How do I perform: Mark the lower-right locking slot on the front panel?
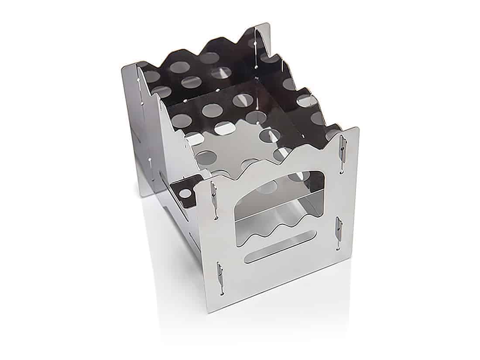[338, 230]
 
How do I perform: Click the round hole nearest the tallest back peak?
[252, 43]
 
